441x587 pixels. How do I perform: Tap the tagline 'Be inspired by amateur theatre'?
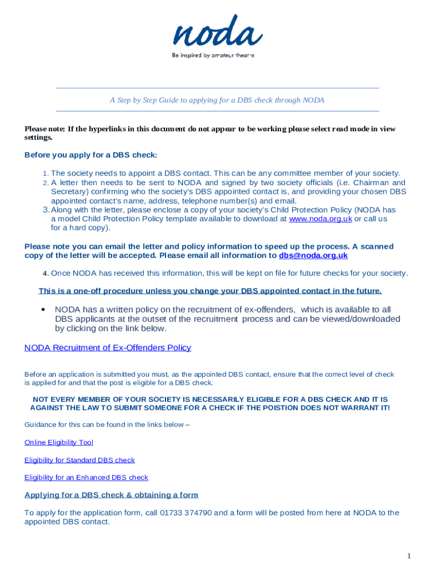point(213,56)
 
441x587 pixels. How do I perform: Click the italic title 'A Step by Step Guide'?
point(217,100)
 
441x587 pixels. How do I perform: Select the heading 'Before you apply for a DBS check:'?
point(90,155)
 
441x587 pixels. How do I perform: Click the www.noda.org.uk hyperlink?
point(320,218)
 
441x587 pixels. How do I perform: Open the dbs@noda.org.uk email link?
point(313,255)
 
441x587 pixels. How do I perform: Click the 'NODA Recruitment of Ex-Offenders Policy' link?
point(108,347)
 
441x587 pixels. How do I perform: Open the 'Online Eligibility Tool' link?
point(58,442)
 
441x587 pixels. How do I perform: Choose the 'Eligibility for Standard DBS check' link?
point(80,460)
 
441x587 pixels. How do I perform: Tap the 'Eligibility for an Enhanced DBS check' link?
point(86,477)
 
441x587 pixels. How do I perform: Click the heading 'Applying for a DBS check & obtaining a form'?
point(111,495)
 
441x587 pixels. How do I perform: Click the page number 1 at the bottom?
point(409,555)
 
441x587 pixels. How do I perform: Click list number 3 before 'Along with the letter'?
point(46,210)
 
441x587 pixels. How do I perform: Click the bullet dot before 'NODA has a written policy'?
point(44,310)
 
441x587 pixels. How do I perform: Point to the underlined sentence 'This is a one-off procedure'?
point(210,291)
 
